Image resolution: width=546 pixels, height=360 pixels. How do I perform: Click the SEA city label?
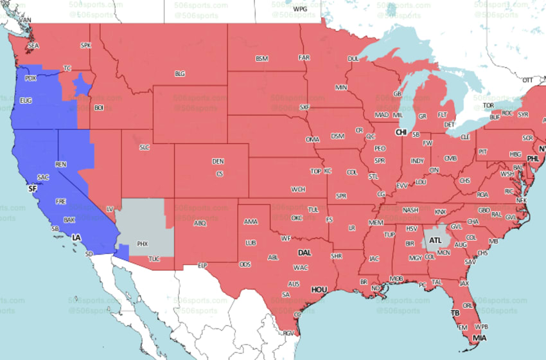(x=33, y=46)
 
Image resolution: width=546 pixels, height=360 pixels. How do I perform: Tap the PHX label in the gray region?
(x=143, y=244)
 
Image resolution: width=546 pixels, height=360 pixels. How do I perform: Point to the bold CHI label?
(x=401, y=132)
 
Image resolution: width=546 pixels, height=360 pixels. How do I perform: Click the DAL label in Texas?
(x=304, y=253)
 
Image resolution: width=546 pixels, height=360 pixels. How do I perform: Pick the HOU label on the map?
(x=319, y=290)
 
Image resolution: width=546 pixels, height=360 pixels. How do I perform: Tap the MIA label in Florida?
(x=479, y=337)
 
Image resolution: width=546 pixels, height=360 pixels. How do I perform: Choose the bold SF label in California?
(x=33, y=189)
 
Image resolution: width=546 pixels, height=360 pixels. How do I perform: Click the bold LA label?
(x=76, y=238)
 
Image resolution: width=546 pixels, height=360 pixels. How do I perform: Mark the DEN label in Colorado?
(x=218, y=161)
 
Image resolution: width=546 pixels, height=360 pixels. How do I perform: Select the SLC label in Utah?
(x=145, y=147)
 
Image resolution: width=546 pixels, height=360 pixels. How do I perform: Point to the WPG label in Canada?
(x=300, y=10)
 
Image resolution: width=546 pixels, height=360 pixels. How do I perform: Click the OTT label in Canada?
(x=527, y=80)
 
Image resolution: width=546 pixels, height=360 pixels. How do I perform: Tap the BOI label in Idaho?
(x=99, y=108)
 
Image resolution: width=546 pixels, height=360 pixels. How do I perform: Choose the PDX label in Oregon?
(x=30, y=78)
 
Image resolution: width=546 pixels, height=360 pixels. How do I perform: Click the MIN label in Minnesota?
(x=341, y=87)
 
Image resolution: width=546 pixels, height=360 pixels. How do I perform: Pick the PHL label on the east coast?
(x=533, y=157)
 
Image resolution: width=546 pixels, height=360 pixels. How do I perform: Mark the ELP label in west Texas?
(x=202, y=265)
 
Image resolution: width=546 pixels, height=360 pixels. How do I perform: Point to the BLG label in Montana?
(x=180, y=74)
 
